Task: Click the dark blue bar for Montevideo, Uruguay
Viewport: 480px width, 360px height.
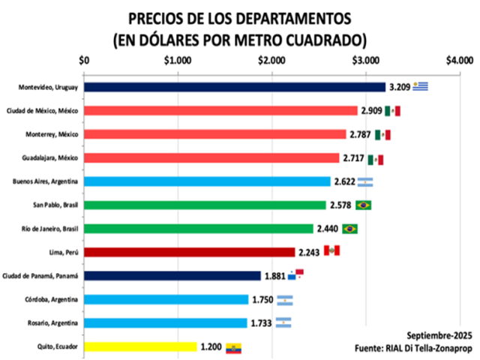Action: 234,87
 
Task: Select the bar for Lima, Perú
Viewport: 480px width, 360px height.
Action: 190,252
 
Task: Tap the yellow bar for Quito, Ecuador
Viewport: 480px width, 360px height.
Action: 140,346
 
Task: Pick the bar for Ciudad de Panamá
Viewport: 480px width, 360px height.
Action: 172,275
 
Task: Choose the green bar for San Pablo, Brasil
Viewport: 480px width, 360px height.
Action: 205,205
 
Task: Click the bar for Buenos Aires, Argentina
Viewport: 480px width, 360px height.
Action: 207,181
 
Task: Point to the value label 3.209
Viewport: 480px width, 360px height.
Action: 400,87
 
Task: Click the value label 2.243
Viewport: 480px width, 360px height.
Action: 310,252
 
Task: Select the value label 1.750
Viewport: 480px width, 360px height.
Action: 262,299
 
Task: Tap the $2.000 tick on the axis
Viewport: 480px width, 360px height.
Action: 271,61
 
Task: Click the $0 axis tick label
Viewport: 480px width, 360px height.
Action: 84,61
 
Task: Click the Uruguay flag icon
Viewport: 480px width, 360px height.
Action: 420,86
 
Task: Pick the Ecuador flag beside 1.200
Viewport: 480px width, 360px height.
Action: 234,347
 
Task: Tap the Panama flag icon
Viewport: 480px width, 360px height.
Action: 297,274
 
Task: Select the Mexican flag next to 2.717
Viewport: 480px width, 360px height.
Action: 376,158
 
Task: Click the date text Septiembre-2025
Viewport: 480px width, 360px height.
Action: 439,335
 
